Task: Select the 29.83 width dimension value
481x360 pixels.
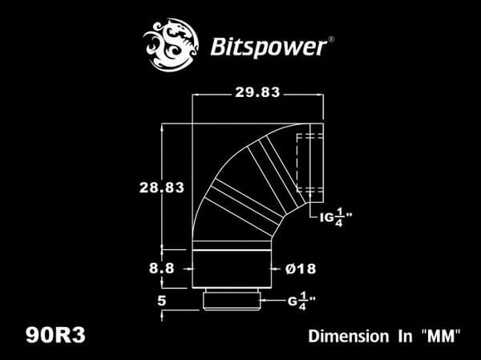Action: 257,92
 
